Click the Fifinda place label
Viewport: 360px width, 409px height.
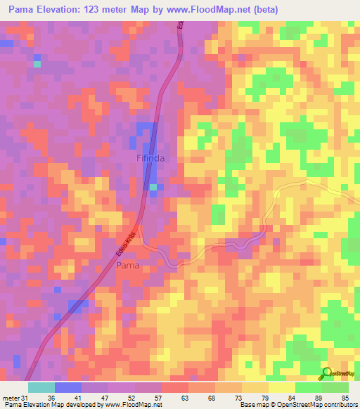[151, 159]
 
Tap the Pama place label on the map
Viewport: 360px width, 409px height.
[127, 266]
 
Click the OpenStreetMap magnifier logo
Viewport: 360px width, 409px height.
[327, 373]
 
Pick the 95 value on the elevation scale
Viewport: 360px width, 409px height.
[345, 398]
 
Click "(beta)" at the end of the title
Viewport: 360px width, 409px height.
[266, 10]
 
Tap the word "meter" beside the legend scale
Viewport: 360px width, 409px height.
[10, 398]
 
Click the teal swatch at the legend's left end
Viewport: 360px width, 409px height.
[41, 387]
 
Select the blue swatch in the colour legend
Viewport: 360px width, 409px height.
[67, 387]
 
